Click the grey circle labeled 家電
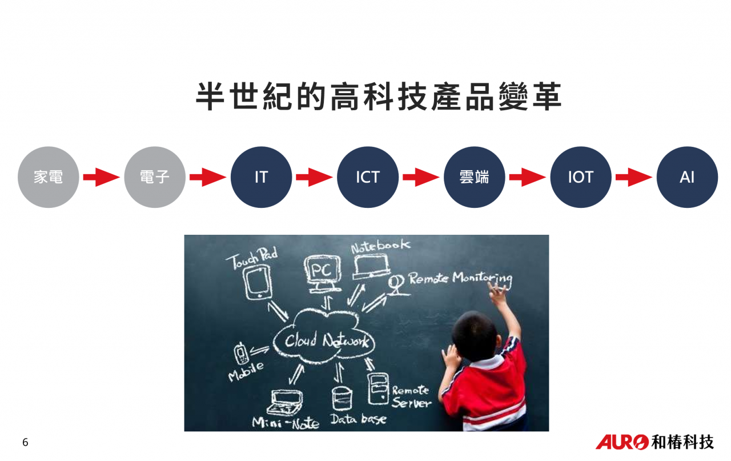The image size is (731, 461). coord(49,177)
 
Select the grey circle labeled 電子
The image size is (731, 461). coord(155,177)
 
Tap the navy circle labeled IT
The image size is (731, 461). coord(261,177)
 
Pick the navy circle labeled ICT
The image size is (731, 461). coord(368,177)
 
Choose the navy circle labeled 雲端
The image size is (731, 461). coord(474,177)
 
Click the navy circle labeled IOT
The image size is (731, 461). coord(581,177)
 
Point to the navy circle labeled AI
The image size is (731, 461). coord(687,177)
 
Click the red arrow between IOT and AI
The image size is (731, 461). coord(634,177)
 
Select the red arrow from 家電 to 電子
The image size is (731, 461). coord(102,177)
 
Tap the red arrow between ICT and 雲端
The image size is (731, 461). coord(421,177)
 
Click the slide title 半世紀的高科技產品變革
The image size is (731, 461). coord(379,97)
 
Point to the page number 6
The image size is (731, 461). coord(25,442)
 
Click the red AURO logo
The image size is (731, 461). coord(622,442)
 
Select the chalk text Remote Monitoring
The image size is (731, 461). coord(460,279)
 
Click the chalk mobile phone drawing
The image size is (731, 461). coord(241,353)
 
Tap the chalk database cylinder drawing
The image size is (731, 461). coord(342,398)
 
